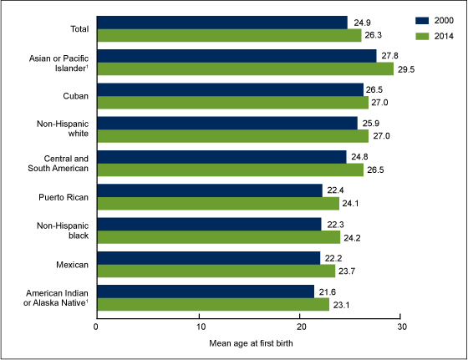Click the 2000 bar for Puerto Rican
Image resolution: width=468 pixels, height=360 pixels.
pyautogui.click(x=210, y=190)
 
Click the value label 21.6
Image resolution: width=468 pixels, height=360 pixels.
pyautogui.click(x=327, y=292)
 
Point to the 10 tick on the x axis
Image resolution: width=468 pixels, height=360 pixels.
pyautogui.click(x=199, y=325)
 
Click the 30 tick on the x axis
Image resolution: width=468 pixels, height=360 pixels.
pyautogui.click(x=401, y=325)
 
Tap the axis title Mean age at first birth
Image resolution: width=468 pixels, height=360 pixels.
pyautogui.click(x=249, y=343)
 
